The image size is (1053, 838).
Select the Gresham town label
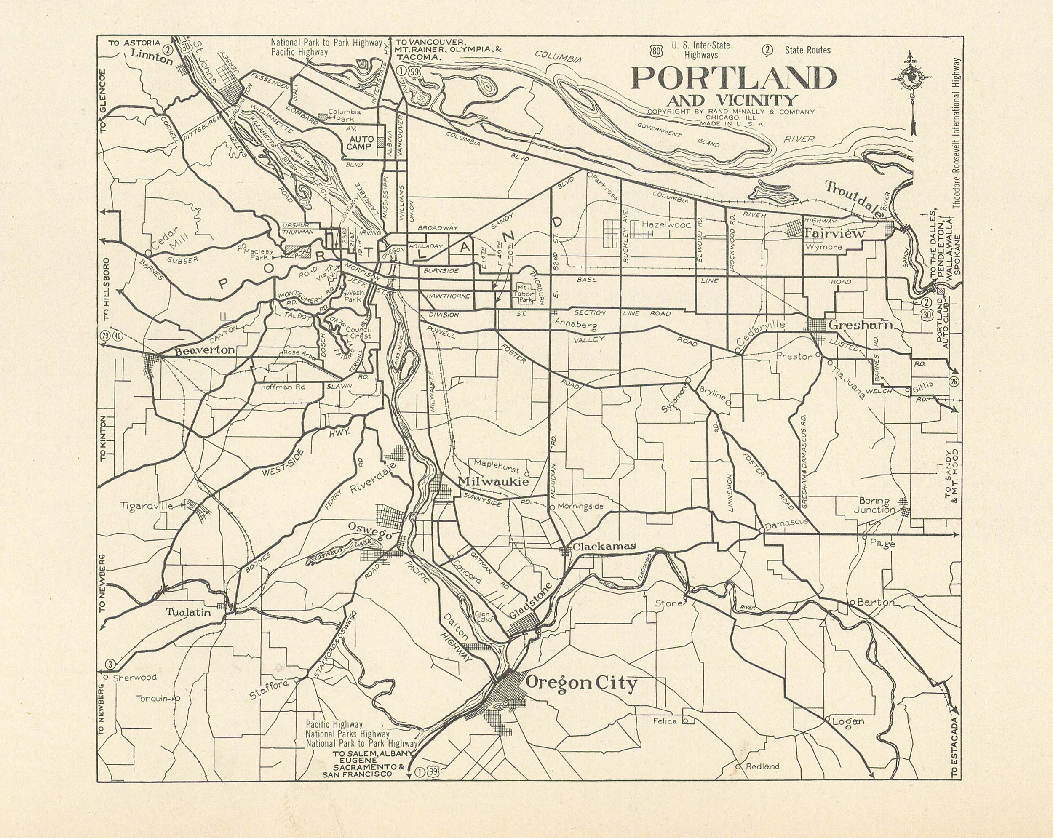tap(861, 325)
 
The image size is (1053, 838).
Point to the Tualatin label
tap(188, 612)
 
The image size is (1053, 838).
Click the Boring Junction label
tap(874, 505)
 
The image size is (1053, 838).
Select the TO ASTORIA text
tap(134, 43)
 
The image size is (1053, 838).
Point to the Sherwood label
tap(134, 677)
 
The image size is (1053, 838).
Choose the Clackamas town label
tap(604, 546)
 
